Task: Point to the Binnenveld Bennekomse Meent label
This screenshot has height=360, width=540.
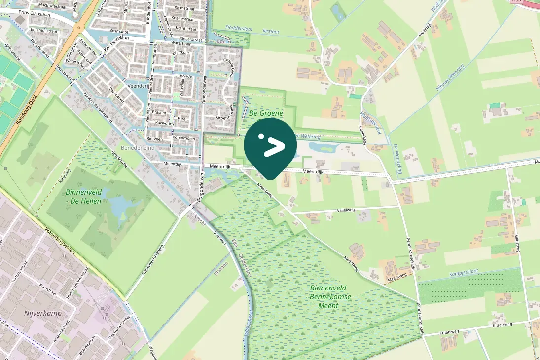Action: (324, 296)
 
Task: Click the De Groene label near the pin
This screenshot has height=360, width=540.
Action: (266, 113)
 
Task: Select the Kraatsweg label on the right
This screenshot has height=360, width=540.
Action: (502, 325)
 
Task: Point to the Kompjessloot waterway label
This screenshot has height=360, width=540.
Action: (465, 274)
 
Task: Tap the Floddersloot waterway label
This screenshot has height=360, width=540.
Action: (239, 29)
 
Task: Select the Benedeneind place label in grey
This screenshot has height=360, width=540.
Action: (138, 148)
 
